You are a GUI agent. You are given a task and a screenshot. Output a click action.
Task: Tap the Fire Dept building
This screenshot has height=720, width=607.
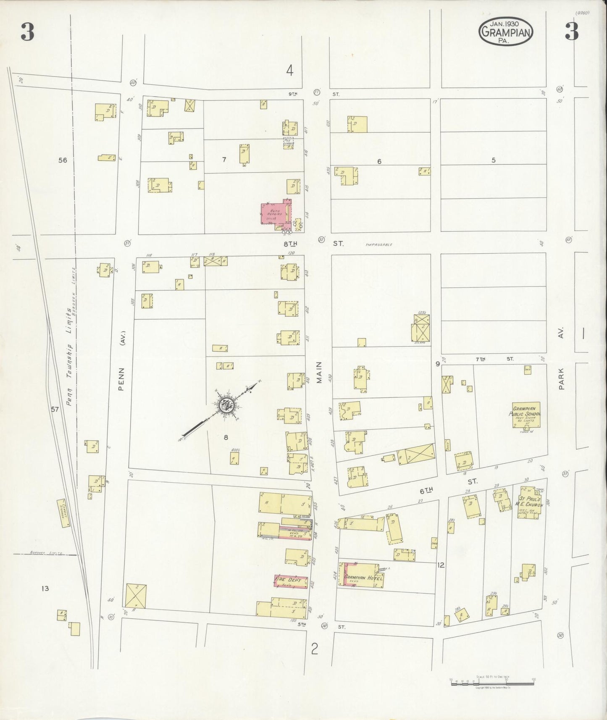pos(290,581)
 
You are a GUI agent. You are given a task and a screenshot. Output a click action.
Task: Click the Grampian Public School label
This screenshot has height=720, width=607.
pos(526,411)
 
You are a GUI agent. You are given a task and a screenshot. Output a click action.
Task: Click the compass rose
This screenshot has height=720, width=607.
pos(227,406)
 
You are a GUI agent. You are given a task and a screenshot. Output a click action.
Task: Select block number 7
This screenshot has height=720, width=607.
pos(224,160)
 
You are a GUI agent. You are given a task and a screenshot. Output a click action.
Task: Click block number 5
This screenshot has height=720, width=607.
pos(494,160)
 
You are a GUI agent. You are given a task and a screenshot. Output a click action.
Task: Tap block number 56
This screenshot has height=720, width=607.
pos(63,160)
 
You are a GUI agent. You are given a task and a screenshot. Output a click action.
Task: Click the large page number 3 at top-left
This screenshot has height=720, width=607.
pos(27,32)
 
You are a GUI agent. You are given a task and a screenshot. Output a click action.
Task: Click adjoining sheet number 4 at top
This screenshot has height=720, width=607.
pos(289,71)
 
